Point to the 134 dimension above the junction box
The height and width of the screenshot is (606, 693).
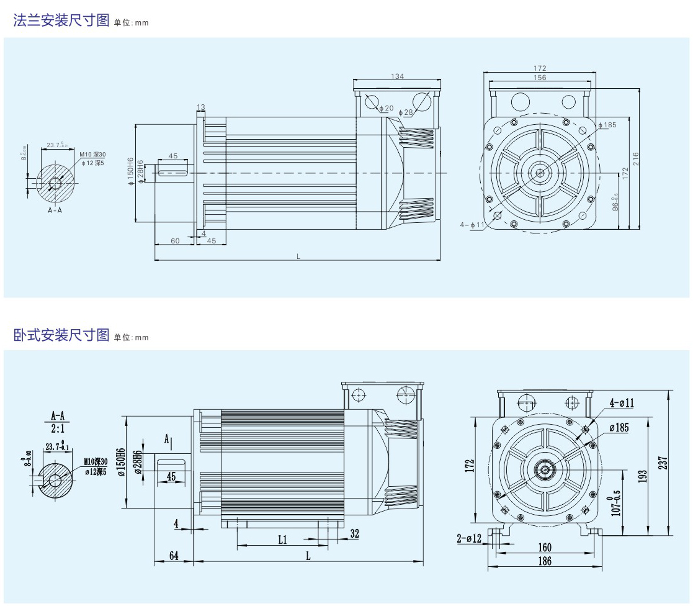[x=397, y=76]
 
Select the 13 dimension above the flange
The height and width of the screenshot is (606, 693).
[x=200, y=107]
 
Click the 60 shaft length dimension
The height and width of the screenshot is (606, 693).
[x=175, y=241]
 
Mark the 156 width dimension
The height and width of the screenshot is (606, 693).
[x=539, y=78]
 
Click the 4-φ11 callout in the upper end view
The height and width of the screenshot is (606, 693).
[x=472, y=224]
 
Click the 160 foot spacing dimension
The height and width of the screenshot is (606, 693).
[x=544, y=548]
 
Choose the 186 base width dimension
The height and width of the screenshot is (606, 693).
[x=544, y=561]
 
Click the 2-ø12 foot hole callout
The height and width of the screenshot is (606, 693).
[x=469, y=538]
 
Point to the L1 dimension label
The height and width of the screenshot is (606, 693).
[x=282, y=540]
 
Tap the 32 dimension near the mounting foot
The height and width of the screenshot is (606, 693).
[x=354, y=533]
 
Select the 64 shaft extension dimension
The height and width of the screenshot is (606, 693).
[x=174, y=556]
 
